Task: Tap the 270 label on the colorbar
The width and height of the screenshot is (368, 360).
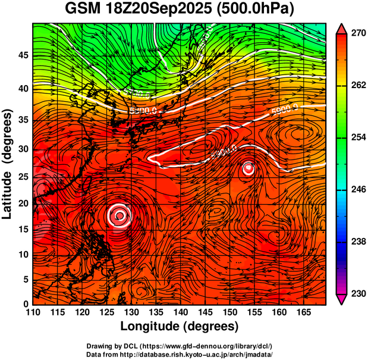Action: click(357, 34)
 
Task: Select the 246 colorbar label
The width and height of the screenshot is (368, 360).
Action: click(357, 190)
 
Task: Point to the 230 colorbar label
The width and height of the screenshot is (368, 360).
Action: click(357, 293)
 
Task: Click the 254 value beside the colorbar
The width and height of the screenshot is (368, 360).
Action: click(357, 137)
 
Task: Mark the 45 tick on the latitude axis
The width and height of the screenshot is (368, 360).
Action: click(22, 55)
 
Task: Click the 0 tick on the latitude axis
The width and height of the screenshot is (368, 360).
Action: click(26, 304)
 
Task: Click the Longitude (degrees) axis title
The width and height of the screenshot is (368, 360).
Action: click(180, 326)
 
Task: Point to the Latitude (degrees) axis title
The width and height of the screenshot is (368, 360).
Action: click(8, 163)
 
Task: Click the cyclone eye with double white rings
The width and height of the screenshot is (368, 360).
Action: click(119, 215)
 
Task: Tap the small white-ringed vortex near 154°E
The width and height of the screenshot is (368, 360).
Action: click(249, 168)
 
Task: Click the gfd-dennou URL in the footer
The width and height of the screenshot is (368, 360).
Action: click(209, 346)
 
